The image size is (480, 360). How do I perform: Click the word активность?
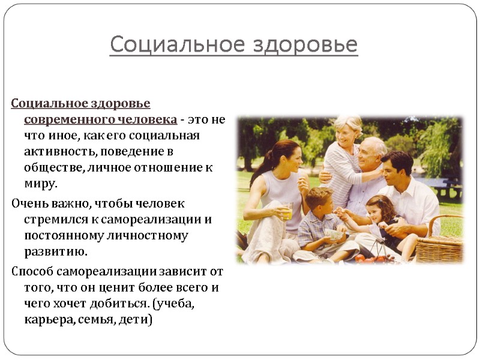pyautogui.click(x=55, y=151)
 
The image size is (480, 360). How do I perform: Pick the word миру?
pyautogui.click(x=41, y=183)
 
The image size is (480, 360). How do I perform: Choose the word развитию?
pyautogui.click(x=56, y=251)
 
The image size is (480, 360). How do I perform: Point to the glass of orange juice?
pyautogui.click(x=287, y=211)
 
